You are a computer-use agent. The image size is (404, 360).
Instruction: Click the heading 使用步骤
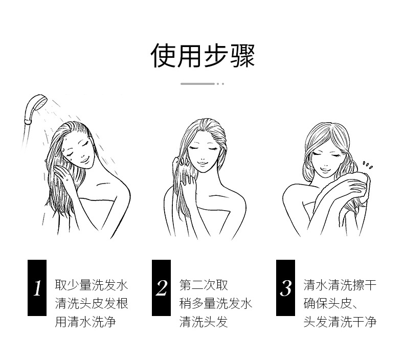click(x=203, y=55)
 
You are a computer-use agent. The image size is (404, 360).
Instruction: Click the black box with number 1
click(x=37, y=288)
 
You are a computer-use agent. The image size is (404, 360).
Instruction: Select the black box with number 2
click(x=162, y=288)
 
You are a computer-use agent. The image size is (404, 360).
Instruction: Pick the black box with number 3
click(x=286, y=288)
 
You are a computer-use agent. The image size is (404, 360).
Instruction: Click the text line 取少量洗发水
click(x=92, y=285)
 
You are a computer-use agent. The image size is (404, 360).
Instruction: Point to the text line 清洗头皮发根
click(x=92, y=303)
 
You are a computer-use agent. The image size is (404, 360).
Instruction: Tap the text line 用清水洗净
click(x=84, y=322)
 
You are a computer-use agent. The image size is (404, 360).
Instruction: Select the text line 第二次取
click(x=204, y=285)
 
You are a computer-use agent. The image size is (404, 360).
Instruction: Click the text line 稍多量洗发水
click(x=216, y=303)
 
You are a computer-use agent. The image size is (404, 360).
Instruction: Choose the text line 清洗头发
click(x=204, y=322)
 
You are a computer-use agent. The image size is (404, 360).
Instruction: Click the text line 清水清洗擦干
click(x=340, y=285)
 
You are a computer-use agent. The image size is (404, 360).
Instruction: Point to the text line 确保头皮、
click(x=333, y=303)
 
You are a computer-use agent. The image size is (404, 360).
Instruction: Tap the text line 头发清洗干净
click(x=340, y=322)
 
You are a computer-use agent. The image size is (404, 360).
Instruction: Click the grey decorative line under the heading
click(x=197, y=83)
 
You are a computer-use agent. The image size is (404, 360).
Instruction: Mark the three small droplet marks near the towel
click(x=368, y=165)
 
